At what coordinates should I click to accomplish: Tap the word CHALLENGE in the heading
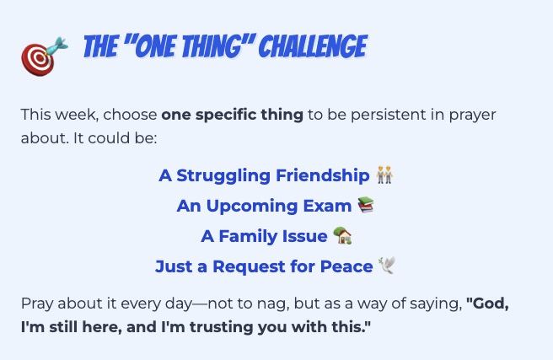point(314,46)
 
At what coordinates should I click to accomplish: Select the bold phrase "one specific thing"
point(232,115)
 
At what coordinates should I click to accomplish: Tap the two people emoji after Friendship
point(384,175)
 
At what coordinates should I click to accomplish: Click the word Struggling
point(223,176)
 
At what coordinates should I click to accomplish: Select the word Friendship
point(322,175)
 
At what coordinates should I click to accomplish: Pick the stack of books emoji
point(366,205)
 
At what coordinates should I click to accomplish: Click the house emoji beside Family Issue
point(342,235)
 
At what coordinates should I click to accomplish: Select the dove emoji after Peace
point(387,266)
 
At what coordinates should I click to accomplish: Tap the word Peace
point(346,266)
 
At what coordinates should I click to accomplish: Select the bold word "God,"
point(487,304)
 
